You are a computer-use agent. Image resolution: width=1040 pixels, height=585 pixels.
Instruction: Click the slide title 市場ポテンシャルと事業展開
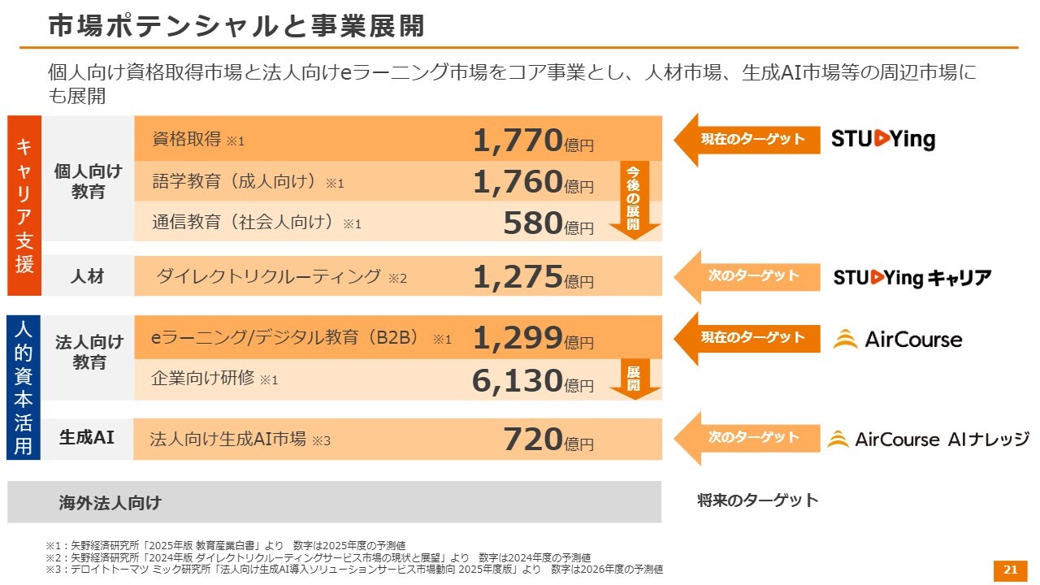coord(236,26)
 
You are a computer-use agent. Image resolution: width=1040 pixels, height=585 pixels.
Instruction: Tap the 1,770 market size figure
coord(518,141)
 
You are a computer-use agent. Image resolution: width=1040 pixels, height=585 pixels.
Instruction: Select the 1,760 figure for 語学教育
coord(518,182)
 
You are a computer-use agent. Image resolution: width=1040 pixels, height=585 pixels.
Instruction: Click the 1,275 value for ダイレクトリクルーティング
coord(518,277)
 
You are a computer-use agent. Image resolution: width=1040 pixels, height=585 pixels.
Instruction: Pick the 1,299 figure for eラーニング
coord(518,338)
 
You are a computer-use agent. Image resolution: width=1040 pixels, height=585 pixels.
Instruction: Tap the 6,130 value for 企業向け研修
coord(518,380)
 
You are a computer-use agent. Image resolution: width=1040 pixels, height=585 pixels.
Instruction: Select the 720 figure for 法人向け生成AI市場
coord(533,440)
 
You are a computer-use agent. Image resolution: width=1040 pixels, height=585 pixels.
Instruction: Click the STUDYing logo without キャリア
coord(882,140)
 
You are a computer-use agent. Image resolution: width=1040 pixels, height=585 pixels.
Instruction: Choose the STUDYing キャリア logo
coord(912,278)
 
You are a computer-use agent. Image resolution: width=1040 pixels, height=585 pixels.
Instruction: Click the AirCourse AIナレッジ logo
coord(928,440)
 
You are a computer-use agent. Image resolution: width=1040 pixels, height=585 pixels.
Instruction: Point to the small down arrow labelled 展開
coord(634,379)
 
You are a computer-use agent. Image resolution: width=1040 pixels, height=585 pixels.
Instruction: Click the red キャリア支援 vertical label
coord(24,206)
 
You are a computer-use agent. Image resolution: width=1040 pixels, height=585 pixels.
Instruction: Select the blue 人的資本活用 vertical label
coord(24,388)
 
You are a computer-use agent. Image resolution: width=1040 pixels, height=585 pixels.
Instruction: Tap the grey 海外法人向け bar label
coord(110,503)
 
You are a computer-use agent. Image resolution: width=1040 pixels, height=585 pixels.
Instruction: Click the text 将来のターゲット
coord(757,500)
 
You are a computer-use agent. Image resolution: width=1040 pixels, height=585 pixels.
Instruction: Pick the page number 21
coord(1011,570)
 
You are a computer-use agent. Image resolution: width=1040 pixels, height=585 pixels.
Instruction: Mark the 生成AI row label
coord(87,437)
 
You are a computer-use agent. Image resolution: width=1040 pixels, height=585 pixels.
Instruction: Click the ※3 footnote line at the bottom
coord(354,570)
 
